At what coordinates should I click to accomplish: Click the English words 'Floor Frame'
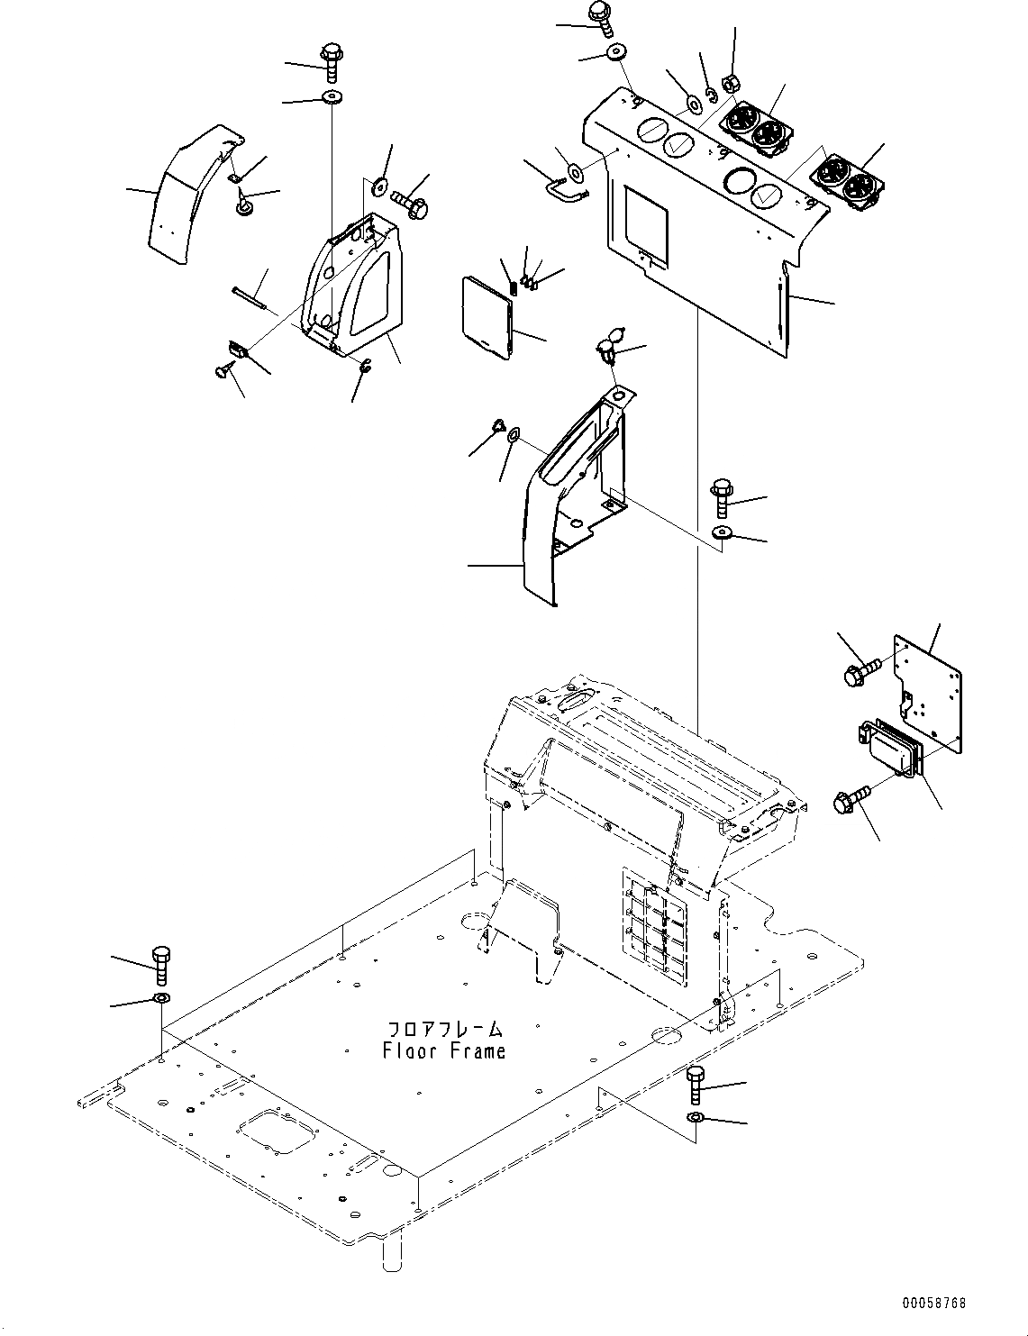(443, 1050)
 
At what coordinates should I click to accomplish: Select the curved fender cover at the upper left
(185, 195)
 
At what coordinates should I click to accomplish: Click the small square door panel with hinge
(487, 316)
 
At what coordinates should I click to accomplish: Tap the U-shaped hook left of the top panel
(564, 187)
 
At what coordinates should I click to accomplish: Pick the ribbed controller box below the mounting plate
(887, 749)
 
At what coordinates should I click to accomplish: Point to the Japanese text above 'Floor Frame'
(443, 1029)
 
